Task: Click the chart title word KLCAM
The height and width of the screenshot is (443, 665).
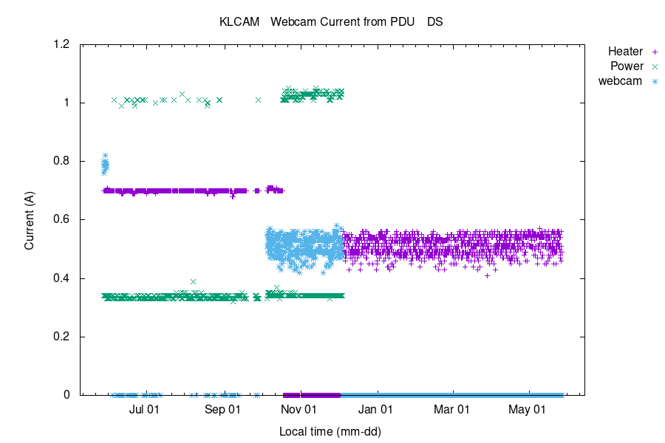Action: click(x=239, y=22)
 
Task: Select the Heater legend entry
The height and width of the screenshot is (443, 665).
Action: click(x=625, y=52)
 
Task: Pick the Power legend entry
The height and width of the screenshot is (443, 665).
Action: click(x=626, y=66)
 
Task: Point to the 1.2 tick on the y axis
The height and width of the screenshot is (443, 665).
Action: click(x=62, y=44)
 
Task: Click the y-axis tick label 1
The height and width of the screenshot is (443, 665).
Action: click(x=67, y=103)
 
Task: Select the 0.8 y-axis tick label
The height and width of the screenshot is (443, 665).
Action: click(x=62, y=161)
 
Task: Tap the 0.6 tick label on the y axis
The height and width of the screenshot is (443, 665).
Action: click(x=62, y=219)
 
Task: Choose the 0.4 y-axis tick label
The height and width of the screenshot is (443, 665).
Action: click(x=62, y=278)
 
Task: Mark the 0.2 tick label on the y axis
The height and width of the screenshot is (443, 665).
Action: click(x=62, y=337)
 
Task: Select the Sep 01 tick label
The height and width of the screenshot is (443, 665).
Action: click(x=223, y=408)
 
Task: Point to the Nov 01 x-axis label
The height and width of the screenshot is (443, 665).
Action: click(x=299, y=408)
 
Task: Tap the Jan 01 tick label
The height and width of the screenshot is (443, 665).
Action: click(x=376, y=408)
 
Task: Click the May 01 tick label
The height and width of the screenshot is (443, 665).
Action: click(x=528, y=408)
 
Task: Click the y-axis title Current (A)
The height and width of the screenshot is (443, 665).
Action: click(x=30, y=219)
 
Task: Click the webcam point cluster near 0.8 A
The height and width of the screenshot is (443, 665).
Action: click(x=105, y=165)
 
